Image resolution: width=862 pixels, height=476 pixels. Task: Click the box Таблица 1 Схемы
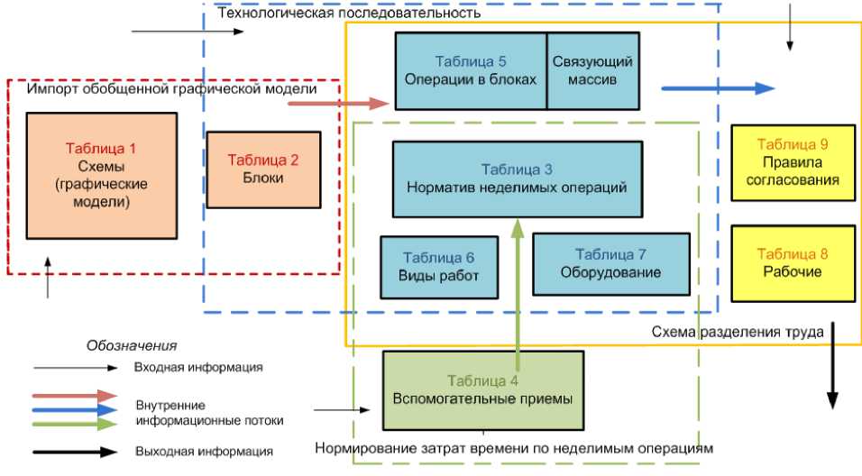[101, 175]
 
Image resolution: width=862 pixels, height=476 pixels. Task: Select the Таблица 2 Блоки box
[263, 169]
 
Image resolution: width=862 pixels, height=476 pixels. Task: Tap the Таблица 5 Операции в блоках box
[471, 70]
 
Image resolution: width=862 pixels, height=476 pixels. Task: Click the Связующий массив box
[592, 70]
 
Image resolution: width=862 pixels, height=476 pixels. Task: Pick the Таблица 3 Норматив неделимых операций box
[518, 178]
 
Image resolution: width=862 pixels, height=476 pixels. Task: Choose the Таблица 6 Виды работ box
[439, 267]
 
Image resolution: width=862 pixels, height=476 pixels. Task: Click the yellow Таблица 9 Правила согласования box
[793, 162]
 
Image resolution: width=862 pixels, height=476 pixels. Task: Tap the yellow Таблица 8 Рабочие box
[793, 262]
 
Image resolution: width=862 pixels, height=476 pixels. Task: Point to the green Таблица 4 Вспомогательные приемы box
[483, 389]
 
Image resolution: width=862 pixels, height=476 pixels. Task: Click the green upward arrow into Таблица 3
[518, 288]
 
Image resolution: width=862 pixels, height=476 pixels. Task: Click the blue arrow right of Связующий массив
[718, 88]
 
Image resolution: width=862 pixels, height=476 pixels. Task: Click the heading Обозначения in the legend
[132, 345]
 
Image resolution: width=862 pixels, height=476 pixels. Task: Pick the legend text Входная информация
[198, 367]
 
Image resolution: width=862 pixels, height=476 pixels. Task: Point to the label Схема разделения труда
[738, 333]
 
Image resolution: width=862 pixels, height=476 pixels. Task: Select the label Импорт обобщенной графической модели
[171, 89]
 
